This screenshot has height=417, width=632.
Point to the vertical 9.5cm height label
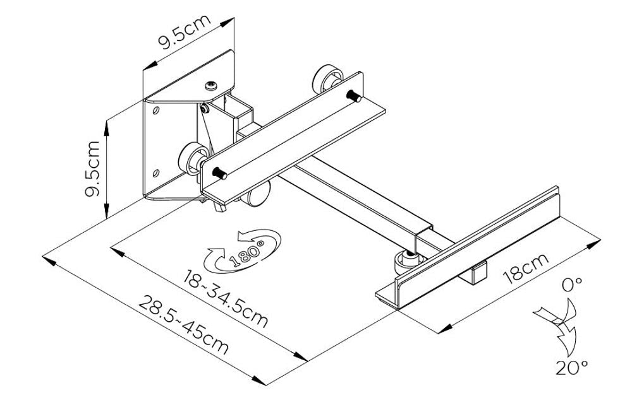point(94,169)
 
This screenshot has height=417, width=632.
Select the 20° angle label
point(571,367)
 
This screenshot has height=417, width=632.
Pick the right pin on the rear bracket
point(355,97)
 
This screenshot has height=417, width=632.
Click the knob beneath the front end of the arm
point(404,260)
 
